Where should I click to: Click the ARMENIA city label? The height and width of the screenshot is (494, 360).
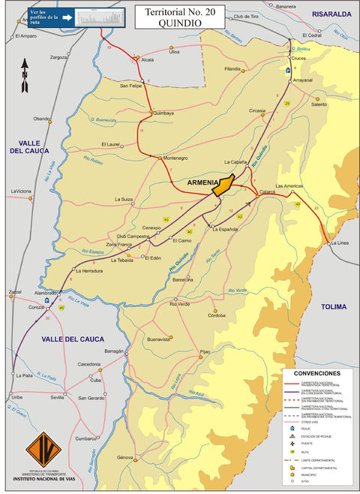tap(202, 182)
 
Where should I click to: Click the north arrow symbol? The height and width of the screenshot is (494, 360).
tap(24, 75)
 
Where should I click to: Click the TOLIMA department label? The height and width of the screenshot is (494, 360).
tap(334, 307)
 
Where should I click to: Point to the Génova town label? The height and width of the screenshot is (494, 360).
tap(124, 457)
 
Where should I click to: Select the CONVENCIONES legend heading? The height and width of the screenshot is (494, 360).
tap(316, 373)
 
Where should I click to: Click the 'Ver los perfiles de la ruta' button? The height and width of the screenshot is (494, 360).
tap(72, 17)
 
